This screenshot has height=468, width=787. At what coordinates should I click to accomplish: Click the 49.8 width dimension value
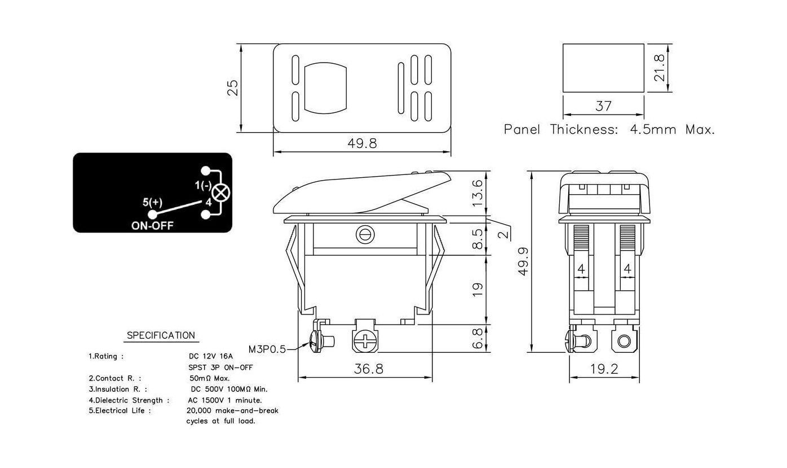pos(362,143)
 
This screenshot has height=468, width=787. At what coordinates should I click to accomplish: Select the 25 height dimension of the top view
pos(233,88)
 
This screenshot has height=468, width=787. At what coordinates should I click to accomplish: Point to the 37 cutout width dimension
pos(603,106)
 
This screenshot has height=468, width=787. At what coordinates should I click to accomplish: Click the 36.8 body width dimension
pos(368,369)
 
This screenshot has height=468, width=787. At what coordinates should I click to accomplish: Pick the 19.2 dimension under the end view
pos(604,369)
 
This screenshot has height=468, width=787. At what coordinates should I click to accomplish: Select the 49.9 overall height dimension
pos(524,261)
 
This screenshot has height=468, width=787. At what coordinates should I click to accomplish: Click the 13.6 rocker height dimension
pos(477,194)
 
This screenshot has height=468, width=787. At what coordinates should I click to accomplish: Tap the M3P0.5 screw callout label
pos(267,349)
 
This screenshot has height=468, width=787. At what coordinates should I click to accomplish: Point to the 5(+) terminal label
pos(152,202)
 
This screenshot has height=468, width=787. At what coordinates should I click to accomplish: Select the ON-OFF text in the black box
pos(152,226)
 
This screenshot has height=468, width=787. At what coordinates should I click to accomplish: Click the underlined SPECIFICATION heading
pos(161,335)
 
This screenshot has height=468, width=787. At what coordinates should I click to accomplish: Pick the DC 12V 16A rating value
pos(211,356)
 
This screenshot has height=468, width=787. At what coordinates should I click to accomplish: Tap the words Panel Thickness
pos(561,129)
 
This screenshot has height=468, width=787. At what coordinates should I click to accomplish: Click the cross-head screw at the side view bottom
pos(365,340)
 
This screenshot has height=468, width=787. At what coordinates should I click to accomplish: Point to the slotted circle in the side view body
pos(365,235)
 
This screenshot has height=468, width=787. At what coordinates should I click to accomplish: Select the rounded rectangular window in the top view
pos(325,88)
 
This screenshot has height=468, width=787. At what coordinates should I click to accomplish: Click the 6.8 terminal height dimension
pos(477,339)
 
